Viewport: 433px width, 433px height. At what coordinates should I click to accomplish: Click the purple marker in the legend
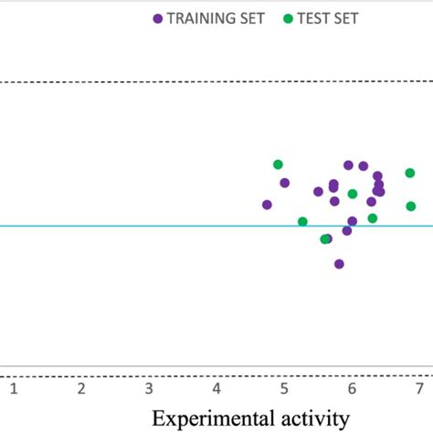(158, 18)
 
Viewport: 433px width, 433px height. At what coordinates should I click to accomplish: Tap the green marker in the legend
(289, 18)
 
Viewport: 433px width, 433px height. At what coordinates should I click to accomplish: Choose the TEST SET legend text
(327, 18)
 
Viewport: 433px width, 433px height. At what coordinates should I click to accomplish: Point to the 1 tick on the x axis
(14, 390)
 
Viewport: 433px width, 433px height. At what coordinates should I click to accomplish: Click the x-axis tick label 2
(81, 390)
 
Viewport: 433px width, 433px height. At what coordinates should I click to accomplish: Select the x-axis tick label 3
(149, 390)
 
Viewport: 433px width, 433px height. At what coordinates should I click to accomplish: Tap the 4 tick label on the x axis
(216, 390)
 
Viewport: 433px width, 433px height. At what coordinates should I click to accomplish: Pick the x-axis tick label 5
(284, 390)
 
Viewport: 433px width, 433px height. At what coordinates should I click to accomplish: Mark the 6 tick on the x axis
(352, 390)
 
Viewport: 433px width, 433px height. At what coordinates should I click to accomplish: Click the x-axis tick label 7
(418, 390)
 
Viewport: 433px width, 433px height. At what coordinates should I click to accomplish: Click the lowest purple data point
(339, 264)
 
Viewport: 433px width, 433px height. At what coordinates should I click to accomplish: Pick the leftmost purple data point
(267, 205)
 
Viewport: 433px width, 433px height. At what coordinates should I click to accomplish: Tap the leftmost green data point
(278, 164)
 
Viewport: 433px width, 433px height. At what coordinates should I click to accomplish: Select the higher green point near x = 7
(411, 173)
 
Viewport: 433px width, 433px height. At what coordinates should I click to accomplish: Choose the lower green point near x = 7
(411, 206)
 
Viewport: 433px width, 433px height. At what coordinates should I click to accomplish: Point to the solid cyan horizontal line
(137, 227)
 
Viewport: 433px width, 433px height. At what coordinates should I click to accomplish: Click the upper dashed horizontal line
(137, 82)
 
